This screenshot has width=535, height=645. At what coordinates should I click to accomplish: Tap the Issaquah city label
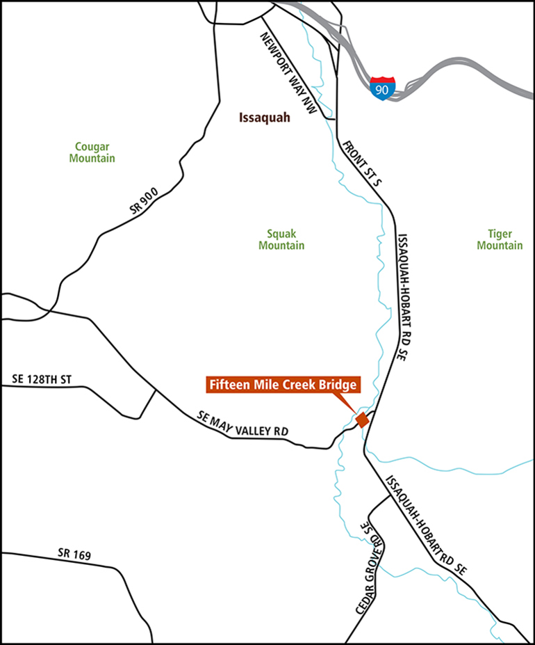tap(264, 118)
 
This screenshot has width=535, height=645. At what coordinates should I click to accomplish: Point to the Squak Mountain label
tap(281, 240)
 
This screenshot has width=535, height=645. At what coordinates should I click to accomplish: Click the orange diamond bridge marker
tap(361, 420)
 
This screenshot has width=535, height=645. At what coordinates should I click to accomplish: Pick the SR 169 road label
tap(74, 555)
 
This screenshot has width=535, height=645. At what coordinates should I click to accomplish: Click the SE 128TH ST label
tap(42, 380)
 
